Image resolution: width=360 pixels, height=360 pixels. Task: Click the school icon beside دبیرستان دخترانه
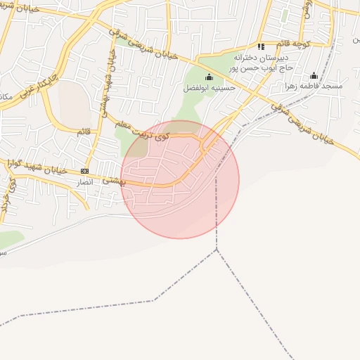[261, 46]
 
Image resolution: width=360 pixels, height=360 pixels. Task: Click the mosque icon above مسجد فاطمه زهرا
[314, 75]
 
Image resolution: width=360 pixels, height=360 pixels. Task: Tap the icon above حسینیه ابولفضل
[208, 77]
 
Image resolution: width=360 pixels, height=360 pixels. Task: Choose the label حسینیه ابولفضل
[209, 88]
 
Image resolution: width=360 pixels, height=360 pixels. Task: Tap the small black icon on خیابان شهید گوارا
[85, 171]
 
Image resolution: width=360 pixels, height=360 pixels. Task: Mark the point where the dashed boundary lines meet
[217, 249]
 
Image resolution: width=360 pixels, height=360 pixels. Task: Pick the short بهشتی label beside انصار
[112, 181]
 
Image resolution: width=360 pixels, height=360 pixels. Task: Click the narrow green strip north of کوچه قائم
[284, 14]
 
